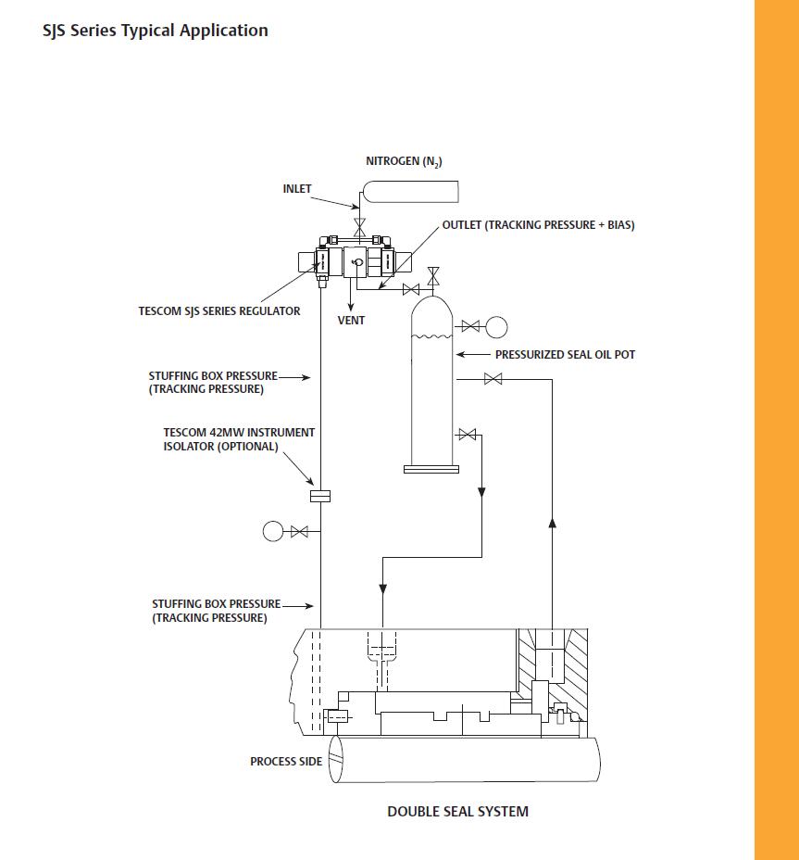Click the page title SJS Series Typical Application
156,31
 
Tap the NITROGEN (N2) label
405,162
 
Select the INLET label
297,189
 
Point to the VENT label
351,321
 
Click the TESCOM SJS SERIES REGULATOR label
219,311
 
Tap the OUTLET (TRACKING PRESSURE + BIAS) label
538,225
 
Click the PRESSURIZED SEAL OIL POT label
565,355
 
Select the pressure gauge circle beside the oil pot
496,326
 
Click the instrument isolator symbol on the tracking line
320,496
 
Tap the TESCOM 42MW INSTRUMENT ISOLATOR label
239,439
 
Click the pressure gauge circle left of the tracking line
273,531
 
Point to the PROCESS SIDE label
286,762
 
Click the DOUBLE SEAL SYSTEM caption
457,812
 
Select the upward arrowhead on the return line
552,523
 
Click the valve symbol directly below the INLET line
359,226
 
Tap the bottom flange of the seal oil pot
431,469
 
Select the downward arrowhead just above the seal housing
381,589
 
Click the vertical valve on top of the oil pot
432,275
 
